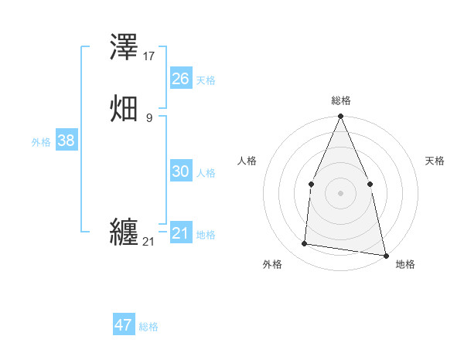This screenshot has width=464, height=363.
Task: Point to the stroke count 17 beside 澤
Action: (149, 56)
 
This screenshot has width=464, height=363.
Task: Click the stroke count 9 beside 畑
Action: (149, 117)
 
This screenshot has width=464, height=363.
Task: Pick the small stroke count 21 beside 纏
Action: (148, 242)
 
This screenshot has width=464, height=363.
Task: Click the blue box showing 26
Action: (180, 78)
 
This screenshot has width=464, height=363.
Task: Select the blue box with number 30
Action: (180, 171)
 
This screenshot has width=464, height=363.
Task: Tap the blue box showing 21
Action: (180, 233)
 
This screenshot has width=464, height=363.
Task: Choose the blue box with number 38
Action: (66, 141)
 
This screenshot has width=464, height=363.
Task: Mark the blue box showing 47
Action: (124, 325)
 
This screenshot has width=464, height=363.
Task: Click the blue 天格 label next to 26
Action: (206, 80)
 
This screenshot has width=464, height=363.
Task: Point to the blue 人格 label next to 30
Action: (206, 173)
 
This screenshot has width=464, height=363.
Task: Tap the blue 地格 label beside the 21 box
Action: (206, 235)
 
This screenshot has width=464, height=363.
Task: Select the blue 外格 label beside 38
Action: (41, 142)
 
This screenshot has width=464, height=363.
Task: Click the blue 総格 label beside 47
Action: (148, 327)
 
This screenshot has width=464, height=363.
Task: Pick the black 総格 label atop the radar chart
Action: (340, 100)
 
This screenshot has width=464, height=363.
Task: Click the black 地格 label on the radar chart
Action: (405, 264)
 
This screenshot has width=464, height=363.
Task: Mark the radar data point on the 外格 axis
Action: (305, 244)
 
